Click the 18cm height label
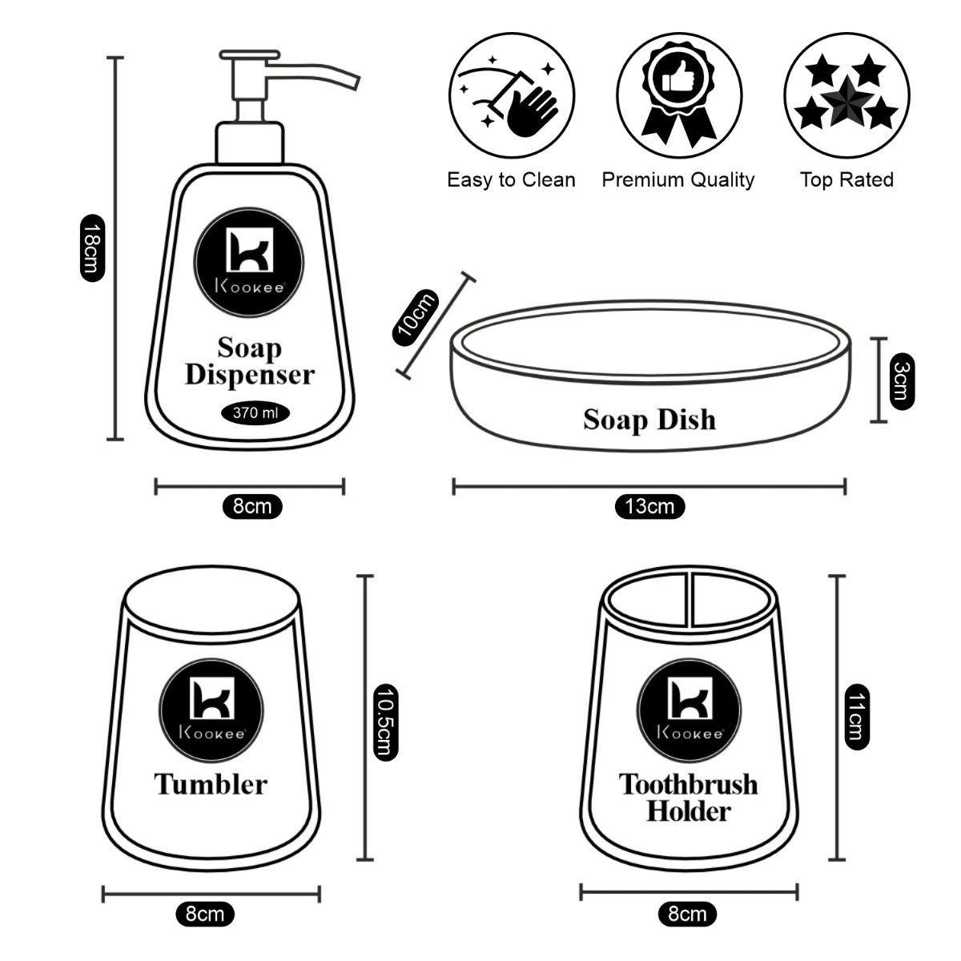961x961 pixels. pyautogui.click(x=90, y=248)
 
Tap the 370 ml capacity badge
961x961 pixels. pyautogui.click(x=255, y=413)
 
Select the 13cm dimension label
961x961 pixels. pyautogui.click(x=649, y=507)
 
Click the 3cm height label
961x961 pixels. pyautogui.click(x=901, y=381)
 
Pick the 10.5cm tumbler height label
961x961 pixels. pyautogui.click(x=386, y=722)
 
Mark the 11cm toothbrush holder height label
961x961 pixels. pyautogui.click(x=856, y=718)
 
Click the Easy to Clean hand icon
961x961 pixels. pyautogui.click(x=512, y=94)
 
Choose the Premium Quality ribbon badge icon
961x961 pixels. pyautogui.click(x=678, y=94)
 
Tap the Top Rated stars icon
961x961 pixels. pyautogui.click(x=846, y=94)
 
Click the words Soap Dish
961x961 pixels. pyautogui.click(x=649, y=420)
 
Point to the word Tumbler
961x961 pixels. pyautogui.click(x=211, y=784)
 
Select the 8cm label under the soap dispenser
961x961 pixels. pyautogui.click(x=251, y=506)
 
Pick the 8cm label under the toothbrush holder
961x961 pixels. pyautogui.click(x=687, y=913)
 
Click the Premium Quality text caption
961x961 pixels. pyautogui.click(x=678, y=179)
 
